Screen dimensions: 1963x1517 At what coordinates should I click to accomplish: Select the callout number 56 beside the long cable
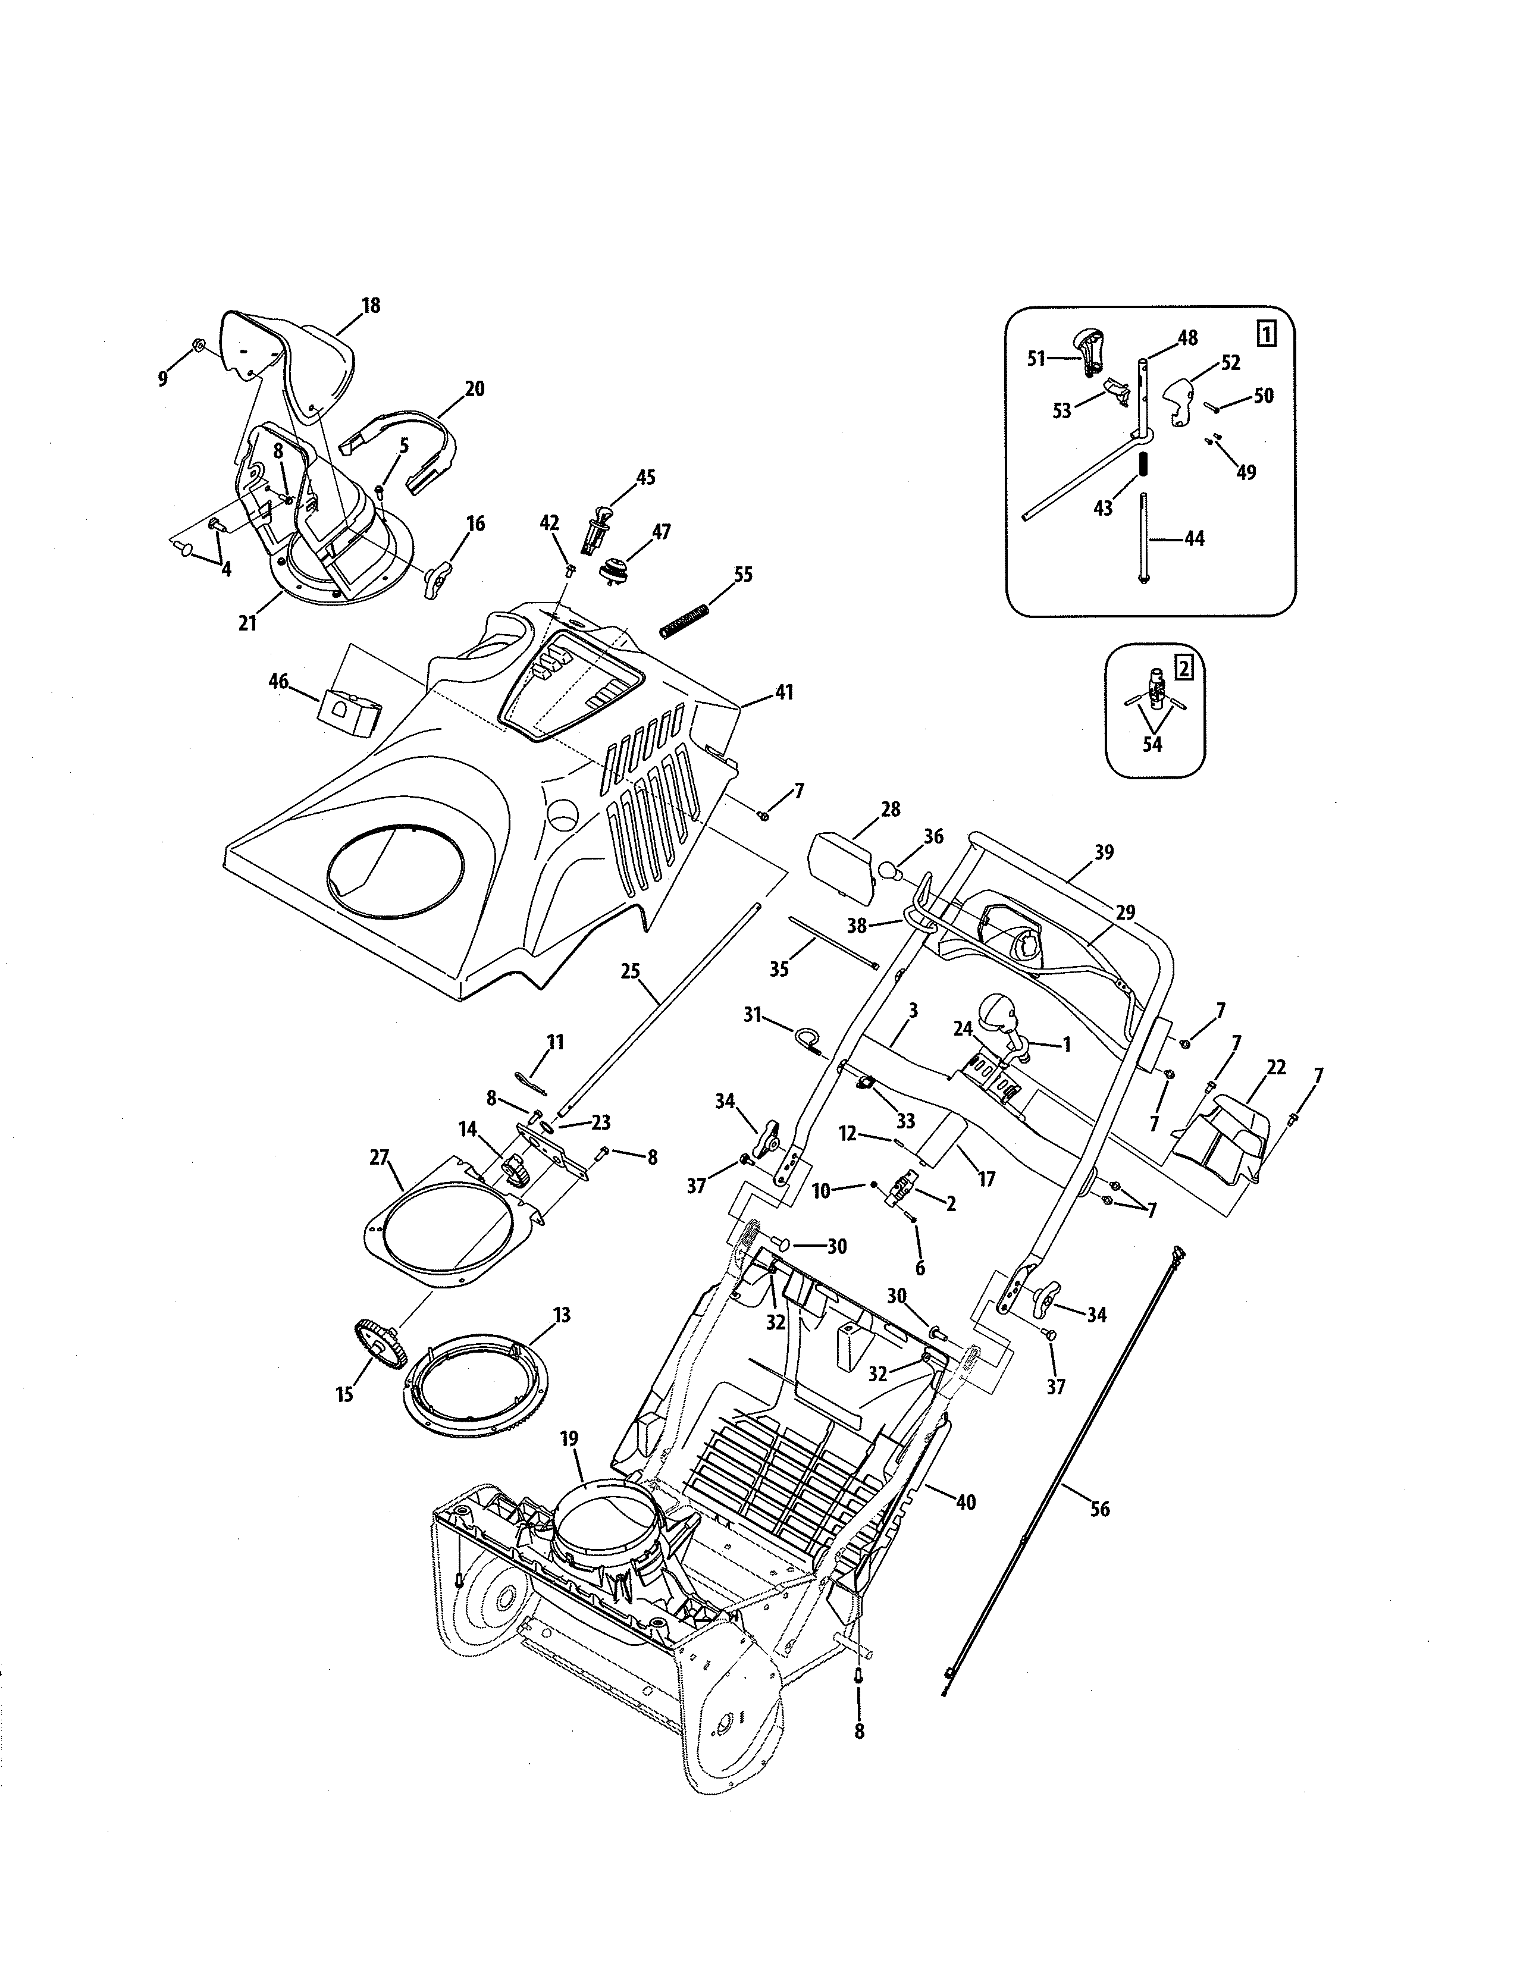(x=1099, y=1509)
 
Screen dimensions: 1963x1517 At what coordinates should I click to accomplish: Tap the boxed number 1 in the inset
(x=1265, y=335)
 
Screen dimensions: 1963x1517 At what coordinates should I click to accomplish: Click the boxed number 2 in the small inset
(x=1184, y=668)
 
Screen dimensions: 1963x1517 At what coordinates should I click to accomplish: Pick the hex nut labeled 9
(x=199, y=344)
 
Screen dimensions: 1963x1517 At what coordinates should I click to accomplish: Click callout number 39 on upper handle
(x=1104, y=852)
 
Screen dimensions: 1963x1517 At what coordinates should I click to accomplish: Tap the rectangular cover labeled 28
(x=842, y=868)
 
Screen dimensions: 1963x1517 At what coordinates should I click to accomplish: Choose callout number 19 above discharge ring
(x=569, y=1438)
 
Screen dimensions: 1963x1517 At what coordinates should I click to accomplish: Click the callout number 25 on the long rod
(x=630, y=971)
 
